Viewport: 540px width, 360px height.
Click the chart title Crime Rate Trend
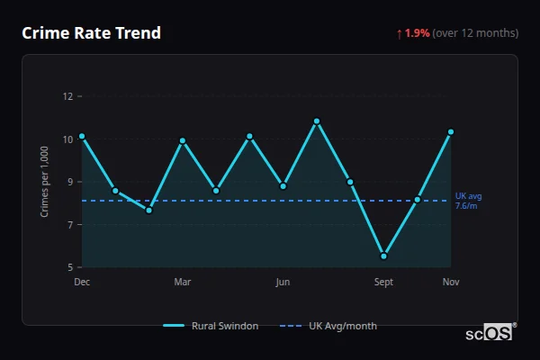pos(91,33)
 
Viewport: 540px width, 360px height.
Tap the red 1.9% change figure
pos(417,33)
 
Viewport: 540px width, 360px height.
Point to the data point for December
pos(82,136)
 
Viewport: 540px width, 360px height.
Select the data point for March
pos(183,140)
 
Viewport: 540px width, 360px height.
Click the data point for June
pos(283,186)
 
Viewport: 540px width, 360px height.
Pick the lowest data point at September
pos(384,256)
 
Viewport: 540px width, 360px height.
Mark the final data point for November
pos(451,131)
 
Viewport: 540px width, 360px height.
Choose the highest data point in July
pos(317,121)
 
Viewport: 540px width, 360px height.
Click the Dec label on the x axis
pos(82,283)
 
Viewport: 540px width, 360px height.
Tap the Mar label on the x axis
pos(183,283)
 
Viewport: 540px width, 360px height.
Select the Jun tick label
pos(283,283)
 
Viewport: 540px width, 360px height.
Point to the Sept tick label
pos(384,283)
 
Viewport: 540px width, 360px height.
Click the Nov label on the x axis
pos(451,283)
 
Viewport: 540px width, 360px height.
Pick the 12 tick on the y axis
pos(67,96)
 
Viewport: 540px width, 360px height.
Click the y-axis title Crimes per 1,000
pos(45,182)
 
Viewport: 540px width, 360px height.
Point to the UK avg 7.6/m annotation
pos(468,201)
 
